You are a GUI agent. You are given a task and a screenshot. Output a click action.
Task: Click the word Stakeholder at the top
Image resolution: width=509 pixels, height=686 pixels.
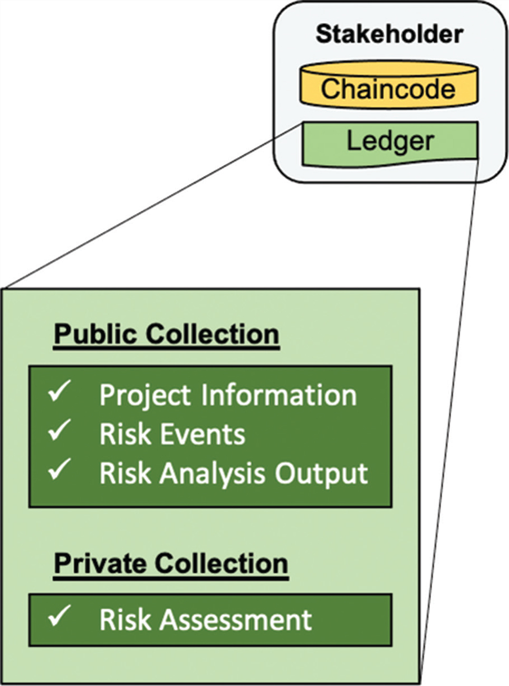pos(389,34)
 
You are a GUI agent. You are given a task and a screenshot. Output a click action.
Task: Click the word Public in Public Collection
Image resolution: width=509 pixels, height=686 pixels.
pos(97,335)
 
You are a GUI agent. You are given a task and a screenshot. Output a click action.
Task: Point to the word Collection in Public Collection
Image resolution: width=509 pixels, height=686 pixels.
pos(212,335)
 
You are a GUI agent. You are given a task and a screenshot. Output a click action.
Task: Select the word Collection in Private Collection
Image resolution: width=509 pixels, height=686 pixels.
pos(221,564)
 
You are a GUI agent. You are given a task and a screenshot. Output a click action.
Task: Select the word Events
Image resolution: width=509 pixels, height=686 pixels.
pos(203,435)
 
